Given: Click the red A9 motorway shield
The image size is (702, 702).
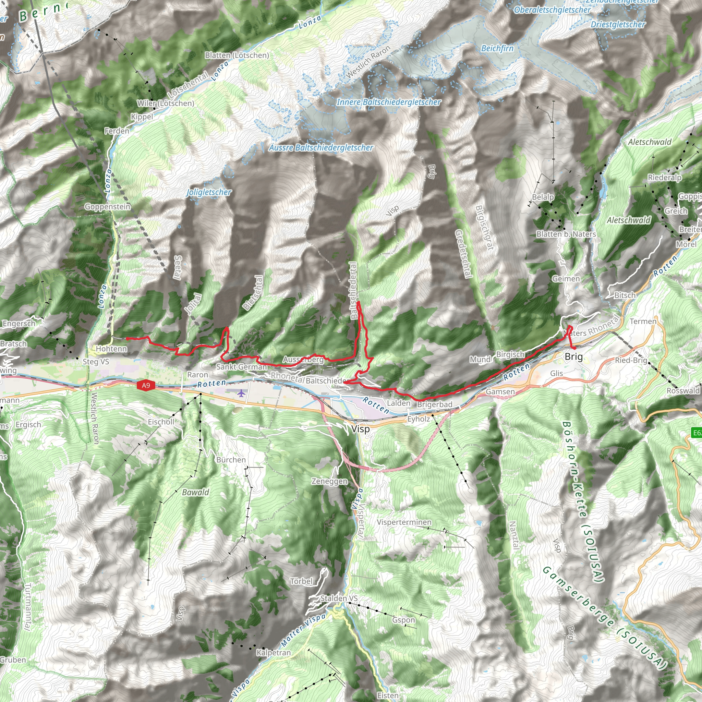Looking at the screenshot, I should point(146,386).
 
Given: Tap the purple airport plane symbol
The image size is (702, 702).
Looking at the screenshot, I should point(241,393).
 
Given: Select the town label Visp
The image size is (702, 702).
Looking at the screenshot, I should point(361,429).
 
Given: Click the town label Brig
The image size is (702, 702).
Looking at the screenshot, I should point(574,356).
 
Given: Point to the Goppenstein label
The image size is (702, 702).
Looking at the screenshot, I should point(108,207).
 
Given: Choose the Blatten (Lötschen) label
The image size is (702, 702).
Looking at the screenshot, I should point(237,55).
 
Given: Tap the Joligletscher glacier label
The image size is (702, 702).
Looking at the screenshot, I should point(209,192).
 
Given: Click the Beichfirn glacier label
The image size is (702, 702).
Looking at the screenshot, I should point(497,48).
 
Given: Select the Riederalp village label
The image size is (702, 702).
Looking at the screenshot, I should point(665,178).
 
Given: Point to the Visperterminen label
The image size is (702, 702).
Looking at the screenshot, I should point(404,522).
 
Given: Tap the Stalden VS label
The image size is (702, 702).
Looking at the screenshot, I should point(339,598).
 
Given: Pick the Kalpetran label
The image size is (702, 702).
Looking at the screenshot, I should point(274,653).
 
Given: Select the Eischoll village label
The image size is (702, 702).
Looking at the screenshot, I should point(161,422).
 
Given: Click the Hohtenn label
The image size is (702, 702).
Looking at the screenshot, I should point(111,349).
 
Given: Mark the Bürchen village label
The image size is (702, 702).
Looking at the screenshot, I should point(231,460).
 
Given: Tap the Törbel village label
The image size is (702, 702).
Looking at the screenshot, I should point(301,581).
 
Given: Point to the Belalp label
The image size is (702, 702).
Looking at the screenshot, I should point(543,197).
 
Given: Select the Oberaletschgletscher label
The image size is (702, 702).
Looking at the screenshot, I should point(552,10).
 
